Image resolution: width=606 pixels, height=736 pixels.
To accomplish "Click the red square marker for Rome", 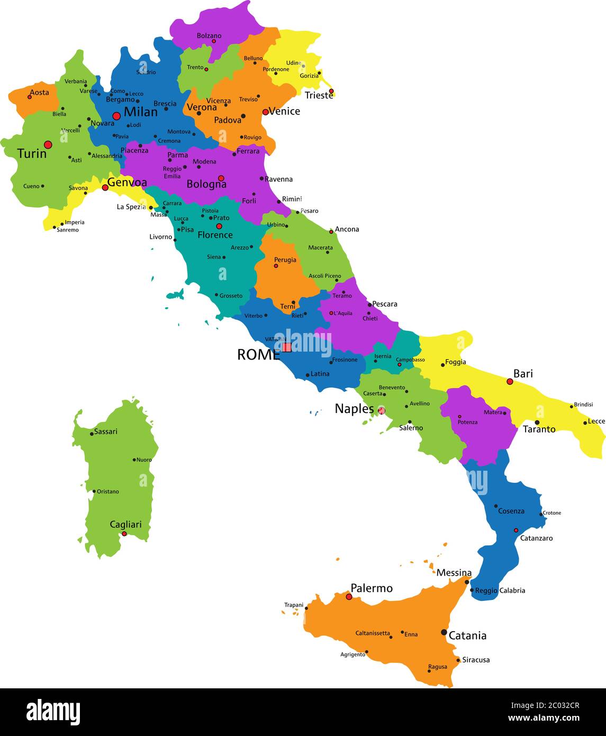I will (287, 347).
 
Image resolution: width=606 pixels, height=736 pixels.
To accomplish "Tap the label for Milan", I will (141, 112).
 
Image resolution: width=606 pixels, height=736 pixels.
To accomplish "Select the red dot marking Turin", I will (48, 145).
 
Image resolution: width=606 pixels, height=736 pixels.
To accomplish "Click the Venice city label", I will (285, 111).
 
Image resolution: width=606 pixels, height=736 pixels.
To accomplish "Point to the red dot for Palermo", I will (349, 597).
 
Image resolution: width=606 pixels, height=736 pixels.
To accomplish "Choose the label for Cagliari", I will (125, 525).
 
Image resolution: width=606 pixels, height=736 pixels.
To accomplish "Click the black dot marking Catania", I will (444, 632).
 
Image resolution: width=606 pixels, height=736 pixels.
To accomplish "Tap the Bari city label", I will (523, 374).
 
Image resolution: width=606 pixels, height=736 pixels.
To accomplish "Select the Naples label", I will (354, 409).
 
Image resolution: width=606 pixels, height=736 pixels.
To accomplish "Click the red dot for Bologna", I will (221, 178).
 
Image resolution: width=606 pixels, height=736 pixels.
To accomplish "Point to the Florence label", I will (215, 235).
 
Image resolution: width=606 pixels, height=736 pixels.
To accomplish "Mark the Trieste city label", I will (319, 96).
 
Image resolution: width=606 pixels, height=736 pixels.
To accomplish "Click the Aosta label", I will (39, 93).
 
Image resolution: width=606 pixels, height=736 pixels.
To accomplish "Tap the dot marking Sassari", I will (92, 434).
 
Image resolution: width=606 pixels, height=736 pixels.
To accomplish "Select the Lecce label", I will (596, 421).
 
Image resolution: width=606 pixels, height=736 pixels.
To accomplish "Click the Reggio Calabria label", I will (500, 590).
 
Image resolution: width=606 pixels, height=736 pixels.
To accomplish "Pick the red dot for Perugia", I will (276, 266).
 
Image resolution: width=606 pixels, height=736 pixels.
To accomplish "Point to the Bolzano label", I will (209, 35).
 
